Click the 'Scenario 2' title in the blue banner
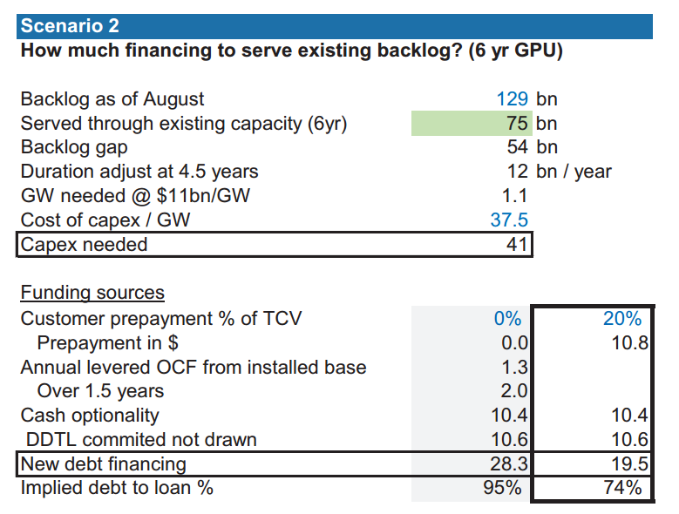70,25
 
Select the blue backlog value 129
512,99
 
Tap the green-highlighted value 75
517,124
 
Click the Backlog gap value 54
517,147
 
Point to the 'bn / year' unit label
574,172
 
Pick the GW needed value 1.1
514,195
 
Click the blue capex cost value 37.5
509,220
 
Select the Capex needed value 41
517,245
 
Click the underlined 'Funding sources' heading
92,293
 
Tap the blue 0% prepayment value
507,319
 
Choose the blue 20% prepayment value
622,319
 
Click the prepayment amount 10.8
629,343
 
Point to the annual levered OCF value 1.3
514,368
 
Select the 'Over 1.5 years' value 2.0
514,391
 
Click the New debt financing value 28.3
509,463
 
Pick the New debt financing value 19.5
629,463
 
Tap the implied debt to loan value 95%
502,488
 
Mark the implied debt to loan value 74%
622,488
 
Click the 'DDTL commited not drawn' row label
141,440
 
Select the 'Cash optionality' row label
90,416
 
